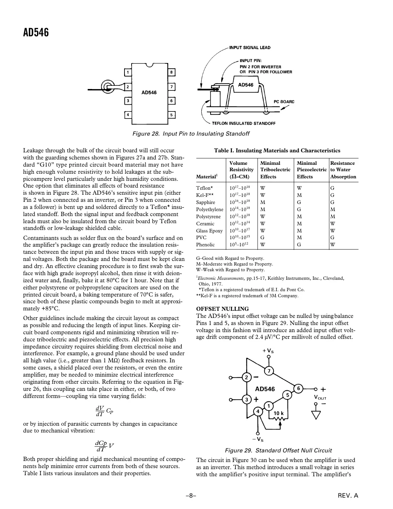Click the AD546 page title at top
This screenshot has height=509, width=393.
coord(36,33)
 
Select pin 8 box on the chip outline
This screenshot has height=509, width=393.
coord(171,73)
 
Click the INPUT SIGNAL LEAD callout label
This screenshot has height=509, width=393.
coord(250,48)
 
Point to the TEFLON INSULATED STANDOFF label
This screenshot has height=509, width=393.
coord(244,124)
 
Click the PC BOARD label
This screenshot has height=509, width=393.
coord(284,101)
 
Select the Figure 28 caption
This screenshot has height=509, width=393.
coord(191,134)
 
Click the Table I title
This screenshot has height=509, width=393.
coord(277,151)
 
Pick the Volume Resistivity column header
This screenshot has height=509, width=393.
coord(241,170)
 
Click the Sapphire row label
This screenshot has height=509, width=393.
coord(206,202)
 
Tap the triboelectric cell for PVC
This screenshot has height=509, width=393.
coord(262,237)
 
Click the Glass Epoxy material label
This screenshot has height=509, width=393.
coord(209,231)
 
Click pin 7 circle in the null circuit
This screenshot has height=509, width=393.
coord(269,371)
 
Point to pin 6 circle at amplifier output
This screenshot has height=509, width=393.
coord(299,388)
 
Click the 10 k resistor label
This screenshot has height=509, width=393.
coord(278,413)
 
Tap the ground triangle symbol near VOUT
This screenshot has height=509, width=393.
coord(315,415)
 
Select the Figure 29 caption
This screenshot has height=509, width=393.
coord(278,450)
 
